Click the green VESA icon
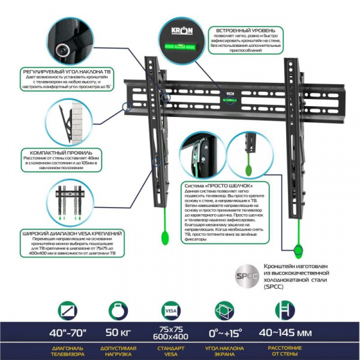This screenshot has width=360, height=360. (x=168, y=311)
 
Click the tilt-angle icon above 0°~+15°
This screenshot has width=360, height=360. (x=225, y=311)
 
